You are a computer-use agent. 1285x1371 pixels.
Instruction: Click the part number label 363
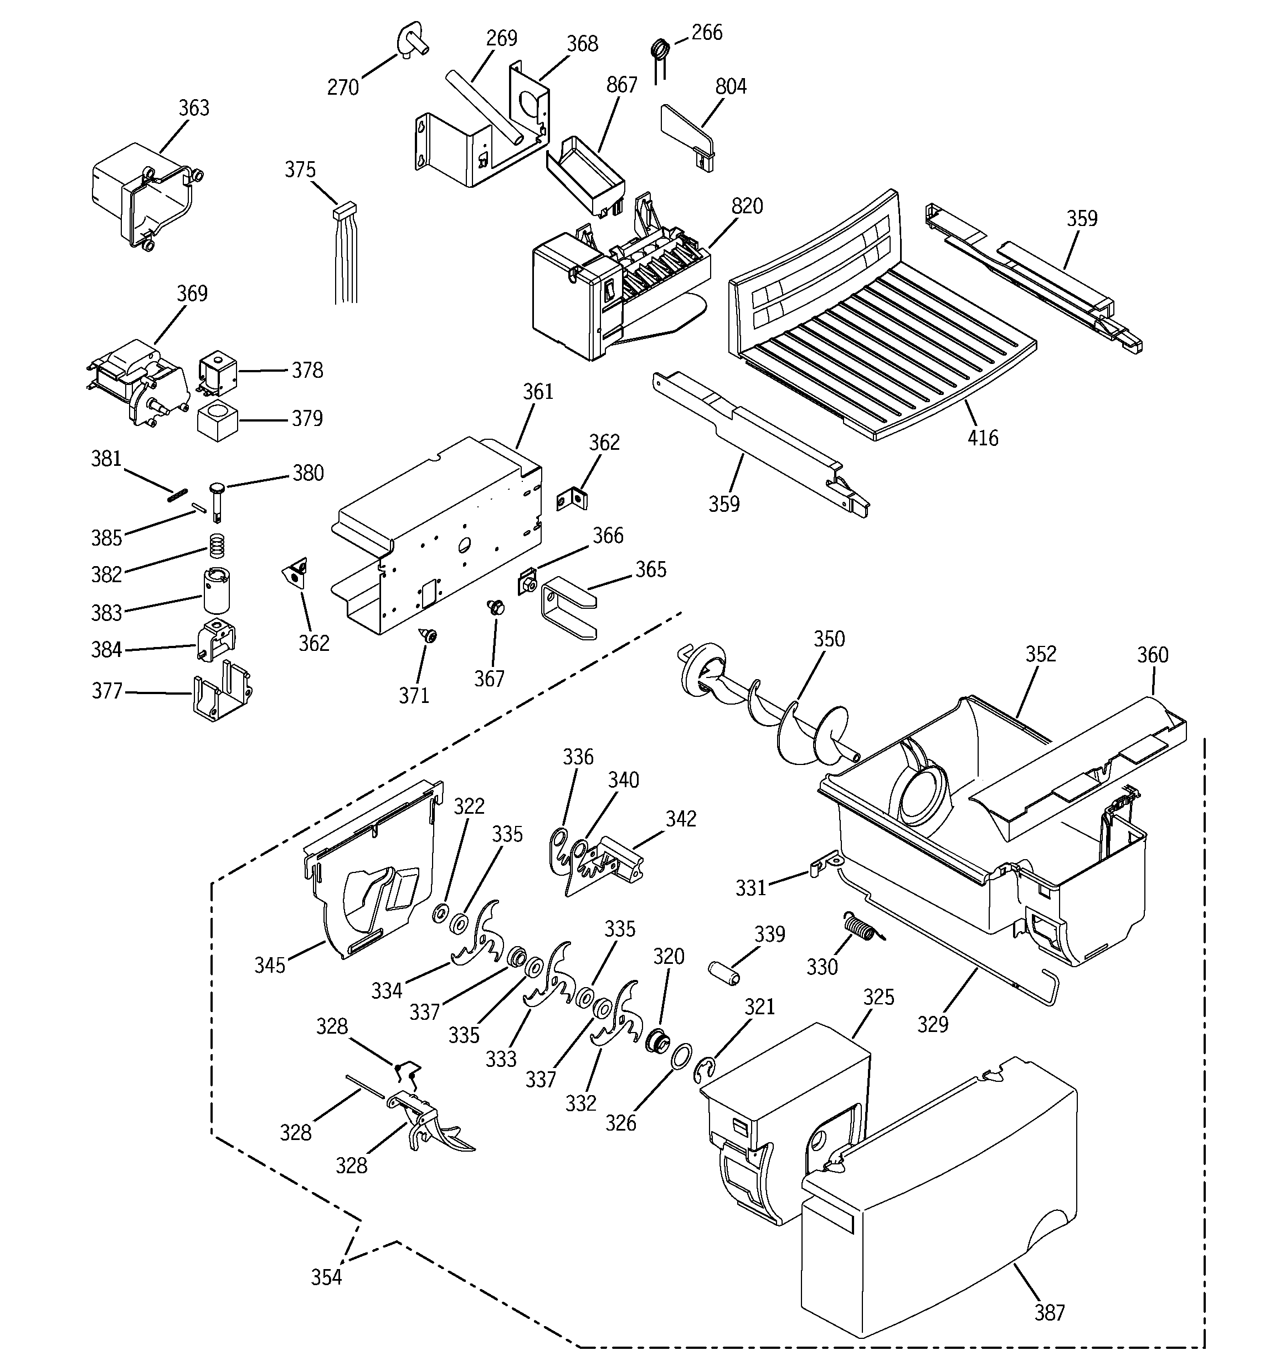tap(194, 108)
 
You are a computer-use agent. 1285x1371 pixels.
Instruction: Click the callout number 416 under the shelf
tap(982, 438)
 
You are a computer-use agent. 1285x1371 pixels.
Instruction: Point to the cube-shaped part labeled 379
tap(217, 419)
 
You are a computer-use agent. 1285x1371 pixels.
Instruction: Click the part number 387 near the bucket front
tap(1049, 1312)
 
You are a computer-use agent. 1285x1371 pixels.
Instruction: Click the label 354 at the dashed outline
tap(326, 1277)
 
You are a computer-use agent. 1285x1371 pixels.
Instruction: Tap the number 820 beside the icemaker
tap(747, 206)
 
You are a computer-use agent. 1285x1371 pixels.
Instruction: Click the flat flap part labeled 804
tap(686, 135)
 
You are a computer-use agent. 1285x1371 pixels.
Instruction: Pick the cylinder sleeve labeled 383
tap(217, 589)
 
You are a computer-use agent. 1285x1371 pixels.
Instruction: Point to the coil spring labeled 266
tap(661, 50)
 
